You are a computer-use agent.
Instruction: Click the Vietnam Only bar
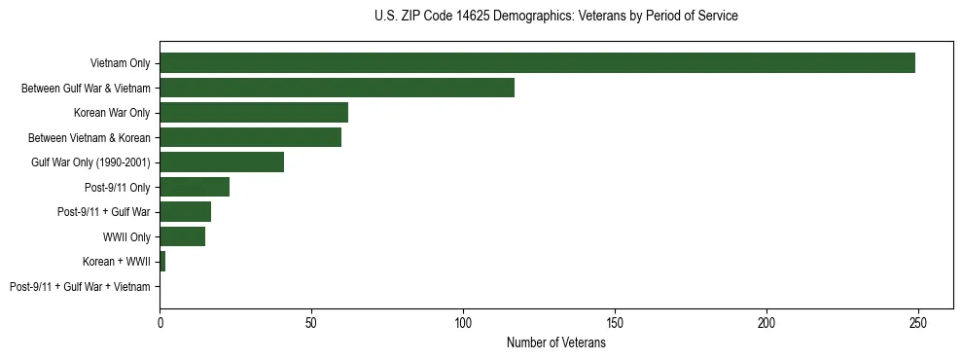537,63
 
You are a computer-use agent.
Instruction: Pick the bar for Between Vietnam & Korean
250,137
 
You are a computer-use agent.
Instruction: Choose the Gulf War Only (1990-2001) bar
222,162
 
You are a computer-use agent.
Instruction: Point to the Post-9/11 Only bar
195,187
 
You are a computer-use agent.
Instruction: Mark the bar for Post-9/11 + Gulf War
185,211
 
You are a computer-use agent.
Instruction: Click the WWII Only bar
182,236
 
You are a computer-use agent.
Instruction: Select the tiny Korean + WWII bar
162,261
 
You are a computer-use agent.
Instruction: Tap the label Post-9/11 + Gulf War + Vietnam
80,286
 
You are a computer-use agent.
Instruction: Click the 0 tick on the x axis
160,322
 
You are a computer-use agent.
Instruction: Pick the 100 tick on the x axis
463,322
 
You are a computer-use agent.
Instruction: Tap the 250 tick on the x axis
918,322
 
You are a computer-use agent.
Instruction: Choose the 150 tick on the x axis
615,322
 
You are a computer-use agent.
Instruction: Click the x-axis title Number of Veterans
556,342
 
